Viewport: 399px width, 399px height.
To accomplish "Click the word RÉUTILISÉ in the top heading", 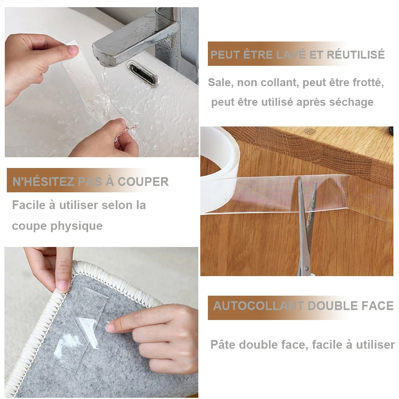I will (x=356, y=55).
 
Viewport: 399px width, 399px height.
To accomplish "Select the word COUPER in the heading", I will (x=143, y=182).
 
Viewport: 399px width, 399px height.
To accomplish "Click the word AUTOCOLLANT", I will (x=258, y=306).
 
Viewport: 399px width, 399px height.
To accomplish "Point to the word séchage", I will (x=351, y=102).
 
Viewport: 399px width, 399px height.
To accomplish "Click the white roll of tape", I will (x=219, y=168).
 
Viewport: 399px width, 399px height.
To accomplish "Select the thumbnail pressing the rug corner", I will (x=63, y=285).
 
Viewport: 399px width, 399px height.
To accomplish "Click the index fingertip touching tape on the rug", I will (x=111, y=328).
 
